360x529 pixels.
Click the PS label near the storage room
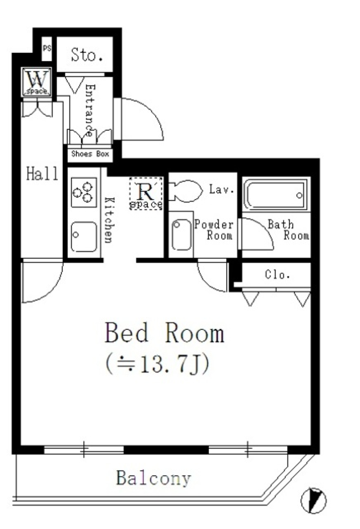pos(47,48)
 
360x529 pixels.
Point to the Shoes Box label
pos(90,154)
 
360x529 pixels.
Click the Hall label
pos(42,174)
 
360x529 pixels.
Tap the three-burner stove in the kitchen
pos(84,191)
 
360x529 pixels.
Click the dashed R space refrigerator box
pos(146,193)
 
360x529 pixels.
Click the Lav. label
pos(221,189)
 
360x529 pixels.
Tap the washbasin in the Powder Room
pos(181,235)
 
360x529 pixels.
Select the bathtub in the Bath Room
pos(276,194)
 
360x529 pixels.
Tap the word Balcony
pos(154,478)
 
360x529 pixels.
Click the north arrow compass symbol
pos(313,500)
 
